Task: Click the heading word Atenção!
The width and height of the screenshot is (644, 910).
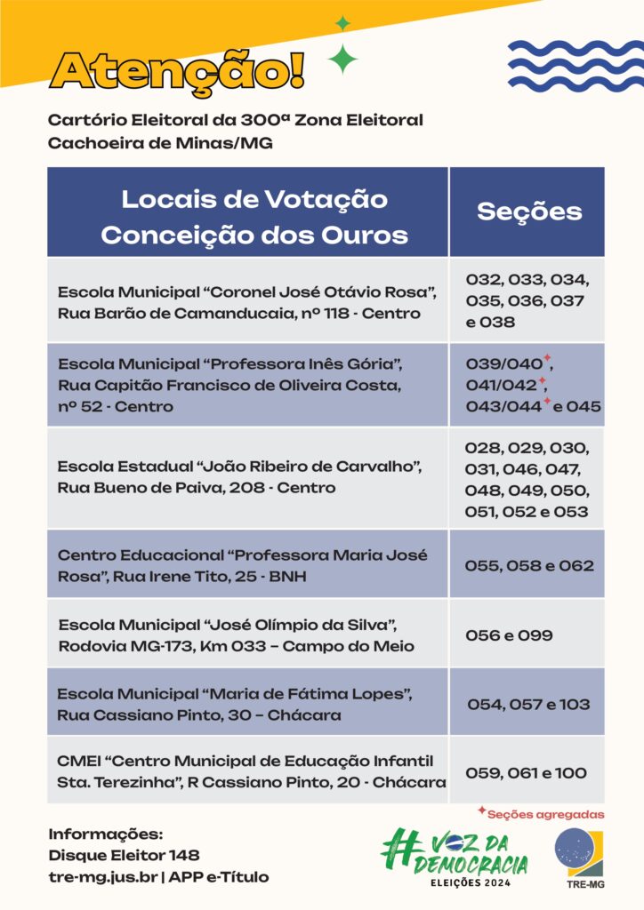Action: [x=177, y=70]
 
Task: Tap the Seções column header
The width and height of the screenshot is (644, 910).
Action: [x=528, y=212]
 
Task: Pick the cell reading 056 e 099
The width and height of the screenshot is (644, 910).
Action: [x=510, y=635]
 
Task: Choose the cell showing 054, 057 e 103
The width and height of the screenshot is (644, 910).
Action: [x=528, y=705]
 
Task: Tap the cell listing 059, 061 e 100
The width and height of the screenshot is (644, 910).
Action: [x=527, y=772]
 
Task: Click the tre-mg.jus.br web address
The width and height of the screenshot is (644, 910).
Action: [x=103, y=877]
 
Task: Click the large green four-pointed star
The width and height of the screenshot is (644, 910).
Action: [x=342, y=60]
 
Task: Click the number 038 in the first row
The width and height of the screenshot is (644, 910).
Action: [x=496, y=322]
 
